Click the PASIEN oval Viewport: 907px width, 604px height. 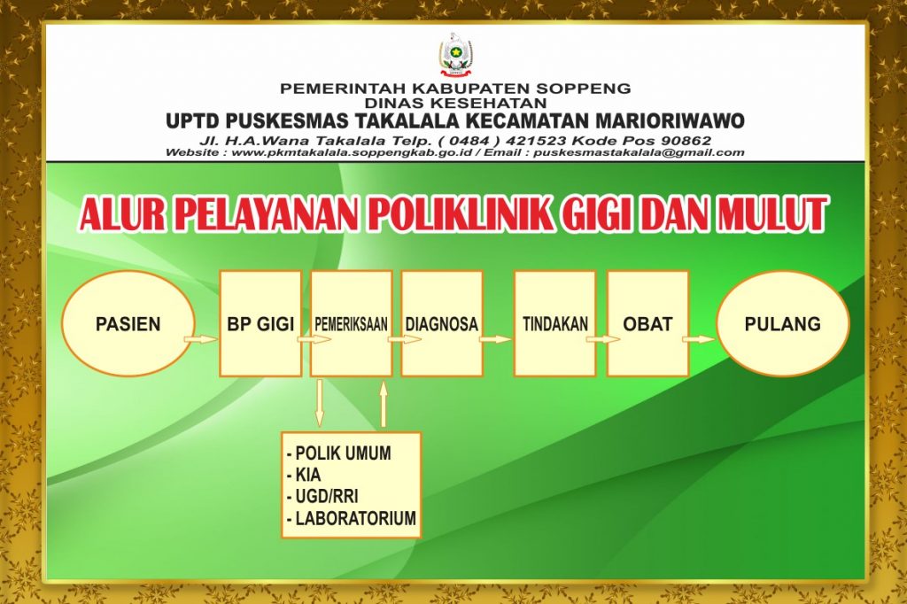point(128,324)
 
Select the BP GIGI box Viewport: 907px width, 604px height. point(261,324)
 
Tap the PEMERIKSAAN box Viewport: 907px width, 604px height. point(352,324)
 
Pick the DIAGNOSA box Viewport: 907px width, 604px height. point(441,324)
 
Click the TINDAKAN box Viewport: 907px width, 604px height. point(555,324)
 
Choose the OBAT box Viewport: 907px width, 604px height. point(647,324)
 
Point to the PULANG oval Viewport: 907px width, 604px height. point(782,324)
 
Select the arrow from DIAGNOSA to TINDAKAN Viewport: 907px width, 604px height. point(498,339)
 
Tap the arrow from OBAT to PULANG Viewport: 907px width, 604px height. point(700,339)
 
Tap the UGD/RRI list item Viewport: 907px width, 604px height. point(326,497)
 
